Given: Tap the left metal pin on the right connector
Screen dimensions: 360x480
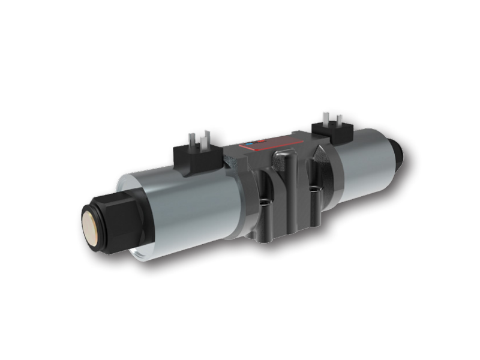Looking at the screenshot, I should pyautogui.click(x=325, y=117).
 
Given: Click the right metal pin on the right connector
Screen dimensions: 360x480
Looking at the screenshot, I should pyautogui.click(x=338, y=119).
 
